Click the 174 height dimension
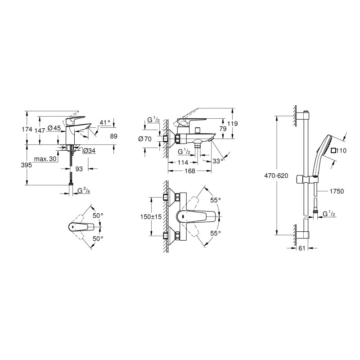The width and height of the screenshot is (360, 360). (x=27, y=130)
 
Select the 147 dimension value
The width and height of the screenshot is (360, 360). (x=40, y=130)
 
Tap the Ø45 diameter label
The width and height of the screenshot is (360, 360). (x=54, y=128)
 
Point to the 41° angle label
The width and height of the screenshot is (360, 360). (x=105, y=122)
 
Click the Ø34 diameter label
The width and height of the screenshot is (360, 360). (x=89, y=151)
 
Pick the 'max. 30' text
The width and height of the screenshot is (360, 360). (x=45, y=159)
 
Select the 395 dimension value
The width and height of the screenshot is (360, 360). (x=27, y=165)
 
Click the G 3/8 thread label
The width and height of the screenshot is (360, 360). (x=84, y=190)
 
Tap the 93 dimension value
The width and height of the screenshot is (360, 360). (x=79, y=169)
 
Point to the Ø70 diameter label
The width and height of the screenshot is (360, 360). (x=145, y=139)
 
